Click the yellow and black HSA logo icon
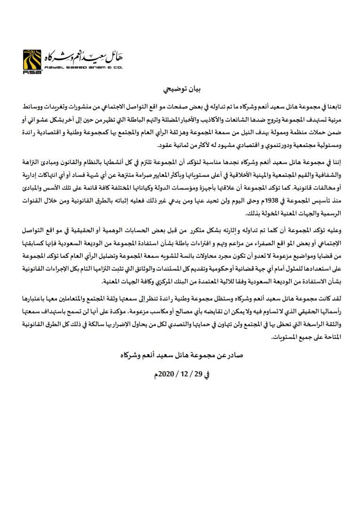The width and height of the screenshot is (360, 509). [32, 61]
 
